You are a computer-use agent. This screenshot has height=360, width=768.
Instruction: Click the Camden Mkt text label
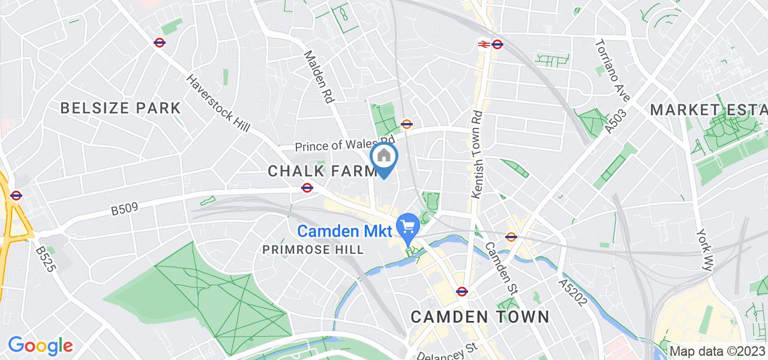coord(345,231)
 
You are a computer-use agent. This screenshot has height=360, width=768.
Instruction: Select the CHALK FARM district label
coord(321,171)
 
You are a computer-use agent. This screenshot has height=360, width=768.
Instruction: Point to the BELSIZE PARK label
coord(120,108)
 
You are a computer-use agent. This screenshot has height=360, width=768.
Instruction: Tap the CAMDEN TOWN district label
coord(479,316)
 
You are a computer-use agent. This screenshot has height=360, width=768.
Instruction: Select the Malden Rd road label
coord(319,77)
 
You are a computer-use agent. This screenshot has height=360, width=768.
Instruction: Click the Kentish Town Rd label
coord(478,155)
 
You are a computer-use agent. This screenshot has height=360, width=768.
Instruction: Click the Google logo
coord(40,346)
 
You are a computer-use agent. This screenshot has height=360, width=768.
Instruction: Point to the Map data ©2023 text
coord(718,352)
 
